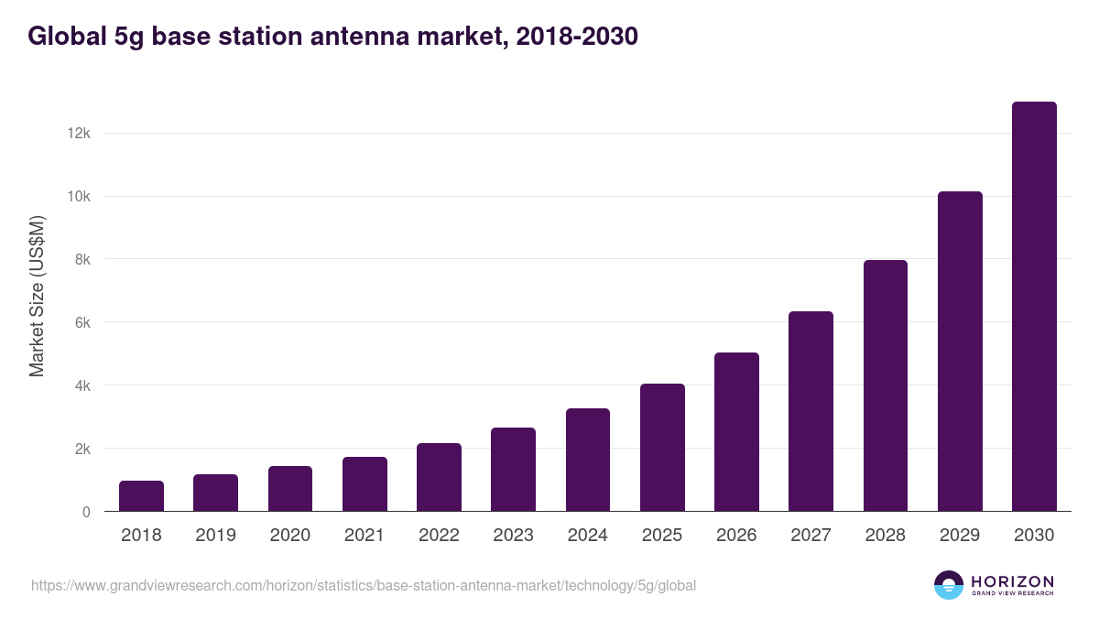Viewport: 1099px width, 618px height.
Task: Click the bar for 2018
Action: pos(141,496)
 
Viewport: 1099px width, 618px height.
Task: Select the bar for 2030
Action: pos(1034,307)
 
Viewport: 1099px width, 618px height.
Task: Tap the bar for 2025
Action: pos(662,448)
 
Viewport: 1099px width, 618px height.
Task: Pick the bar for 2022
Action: pos(439,477)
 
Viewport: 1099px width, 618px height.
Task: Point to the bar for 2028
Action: pos(886,385)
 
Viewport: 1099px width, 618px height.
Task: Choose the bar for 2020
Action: pos(290,489)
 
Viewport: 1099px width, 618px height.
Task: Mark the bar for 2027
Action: pos(811,411)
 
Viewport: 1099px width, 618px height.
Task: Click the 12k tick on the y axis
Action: pos(78,134)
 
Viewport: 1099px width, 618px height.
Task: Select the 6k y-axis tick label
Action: pos(82,322)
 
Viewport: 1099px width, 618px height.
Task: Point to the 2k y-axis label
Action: pos(82,449)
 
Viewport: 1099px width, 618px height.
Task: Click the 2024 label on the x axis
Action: pos(587,536)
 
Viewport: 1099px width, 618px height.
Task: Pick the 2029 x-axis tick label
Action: pos(960,536)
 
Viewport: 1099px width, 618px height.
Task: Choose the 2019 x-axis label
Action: pos(215,536)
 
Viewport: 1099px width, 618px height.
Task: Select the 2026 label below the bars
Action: pos(736,536)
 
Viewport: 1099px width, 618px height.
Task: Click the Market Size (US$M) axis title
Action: pos(37,297)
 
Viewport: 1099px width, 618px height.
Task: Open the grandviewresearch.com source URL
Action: pos(364,585)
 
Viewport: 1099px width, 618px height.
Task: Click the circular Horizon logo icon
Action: pos(948,585)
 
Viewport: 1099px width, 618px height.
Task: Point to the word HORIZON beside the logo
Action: pos(1012,580)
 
